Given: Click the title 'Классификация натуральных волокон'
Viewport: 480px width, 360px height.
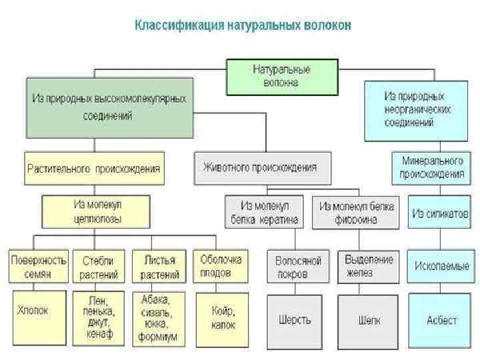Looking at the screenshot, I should tap(243, 26).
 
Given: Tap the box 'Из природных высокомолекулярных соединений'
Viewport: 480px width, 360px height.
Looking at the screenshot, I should tap(110, 107).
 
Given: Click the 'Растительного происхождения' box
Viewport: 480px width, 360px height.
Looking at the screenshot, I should tap(93, 169).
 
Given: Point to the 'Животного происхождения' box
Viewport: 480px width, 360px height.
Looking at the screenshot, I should tap(263, 168).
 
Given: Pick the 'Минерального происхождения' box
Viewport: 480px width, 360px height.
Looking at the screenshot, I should tap(431, 168).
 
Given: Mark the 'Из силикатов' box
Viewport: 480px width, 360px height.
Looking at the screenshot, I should tap(440, 213).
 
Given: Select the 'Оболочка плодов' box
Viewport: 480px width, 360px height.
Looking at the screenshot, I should tap(221, 265).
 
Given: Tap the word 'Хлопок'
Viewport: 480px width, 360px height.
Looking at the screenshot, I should tap(33, 310).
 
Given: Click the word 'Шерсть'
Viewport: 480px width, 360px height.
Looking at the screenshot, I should tap(294, 319).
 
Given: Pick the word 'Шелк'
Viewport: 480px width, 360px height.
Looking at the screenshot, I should tap(369, 320).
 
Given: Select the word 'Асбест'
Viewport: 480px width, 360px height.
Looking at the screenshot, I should tap(442, 320).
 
